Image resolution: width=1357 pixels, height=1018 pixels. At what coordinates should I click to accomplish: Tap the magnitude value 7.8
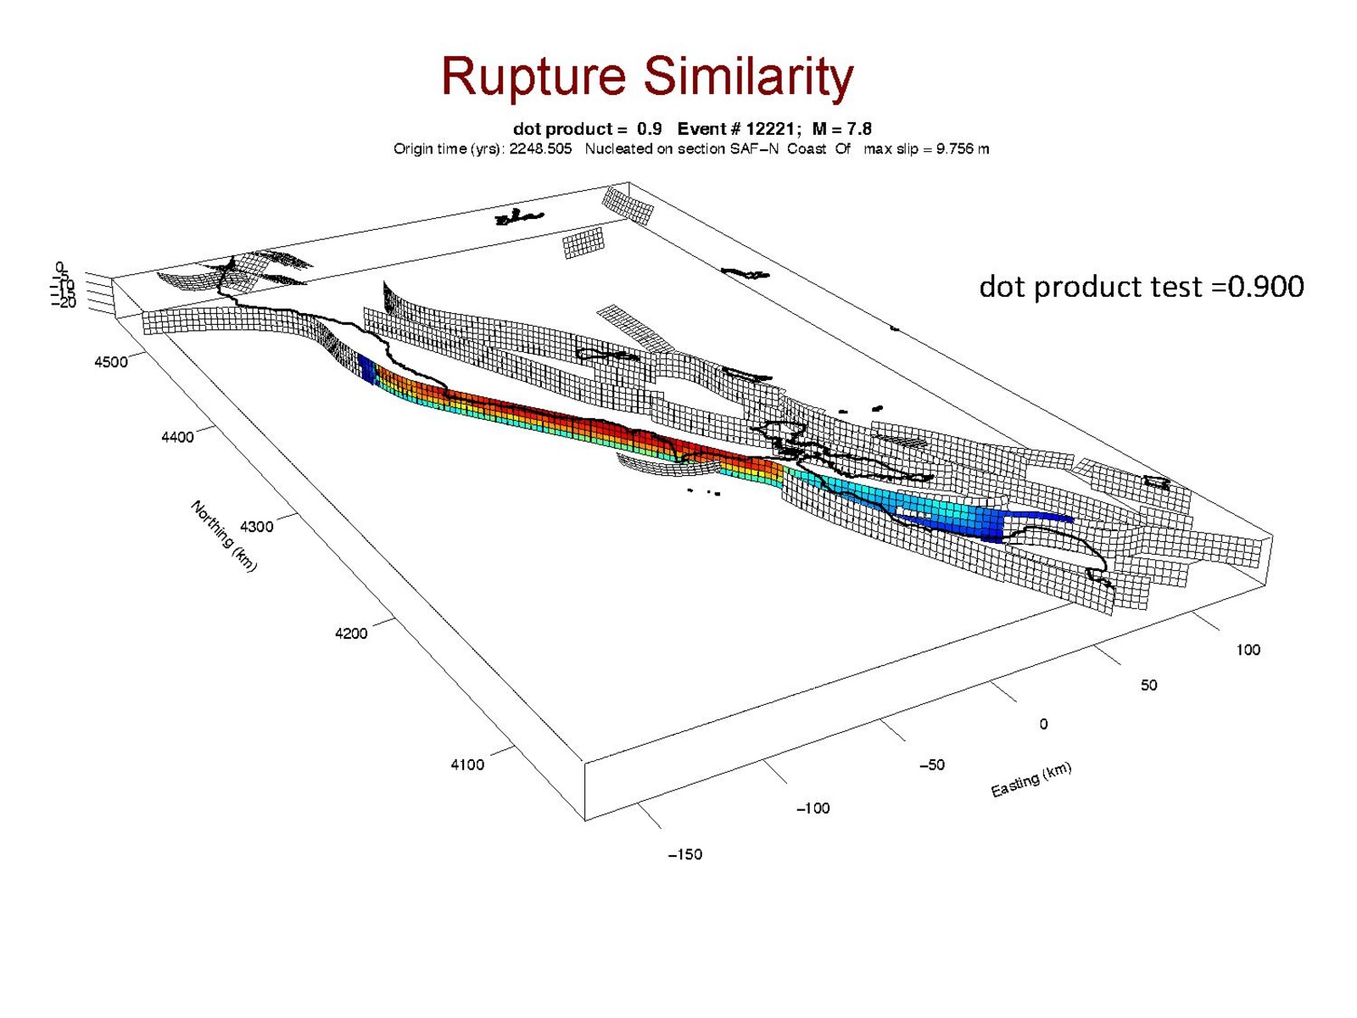[x=858, y=129]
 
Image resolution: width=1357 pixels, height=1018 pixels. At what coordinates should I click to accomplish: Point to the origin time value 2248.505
[x=540, y=149]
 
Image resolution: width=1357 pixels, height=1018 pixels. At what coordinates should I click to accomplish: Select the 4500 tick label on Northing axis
[x=111, y=362]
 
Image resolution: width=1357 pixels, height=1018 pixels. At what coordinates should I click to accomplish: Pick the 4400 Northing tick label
[x=177, y=437]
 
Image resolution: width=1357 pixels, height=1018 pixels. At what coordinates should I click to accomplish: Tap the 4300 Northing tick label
[x=257, y=527]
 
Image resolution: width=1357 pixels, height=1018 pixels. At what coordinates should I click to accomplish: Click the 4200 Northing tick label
[x=351, y=634]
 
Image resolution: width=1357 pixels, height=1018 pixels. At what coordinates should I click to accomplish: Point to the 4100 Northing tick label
[x=466, y=764]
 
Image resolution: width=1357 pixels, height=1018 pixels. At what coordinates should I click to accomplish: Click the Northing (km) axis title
[x=223, y=536]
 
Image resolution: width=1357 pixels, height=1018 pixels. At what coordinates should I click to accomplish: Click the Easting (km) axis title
[x=1030, y=780]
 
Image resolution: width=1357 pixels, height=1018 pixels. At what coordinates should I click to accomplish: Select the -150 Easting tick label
[x=685, y=854]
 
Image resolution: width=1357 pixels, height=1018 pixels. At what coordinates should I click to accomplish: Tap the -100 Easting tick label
[x=813, y=808]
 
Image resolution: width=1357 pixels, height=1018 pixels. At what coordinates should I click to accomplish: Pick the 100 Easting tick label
[x=1248, y=650]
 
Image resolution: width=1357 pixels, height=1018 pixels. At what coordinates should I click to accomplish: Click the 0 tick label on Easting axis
[x=1043, y=724]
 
